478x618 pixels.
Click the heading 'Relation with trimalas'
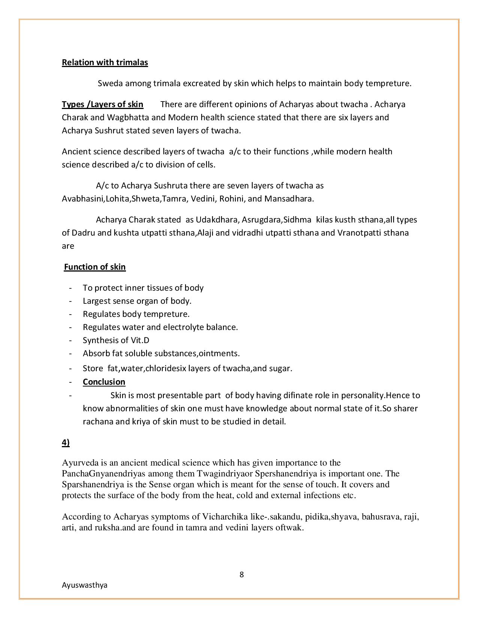[105, 62]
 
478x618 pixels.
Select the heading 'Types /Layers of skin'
[102, 104]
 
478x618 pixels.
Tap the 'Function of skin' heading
[95, 267]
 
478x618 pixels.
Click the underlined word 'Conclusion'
[104, 382]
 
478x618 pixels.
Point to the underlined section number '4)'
[66, 443]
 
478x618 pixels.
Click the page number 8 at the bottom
[241, 575]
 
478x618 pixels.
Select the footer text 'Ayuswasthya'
[84, 585]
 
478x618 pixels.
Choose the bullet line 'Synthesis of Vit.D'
[116, 340]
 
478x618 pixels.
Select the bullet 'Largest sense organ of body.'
[137, 301]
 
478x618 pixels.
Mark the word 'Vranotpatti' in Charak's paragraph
[360, 233]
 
